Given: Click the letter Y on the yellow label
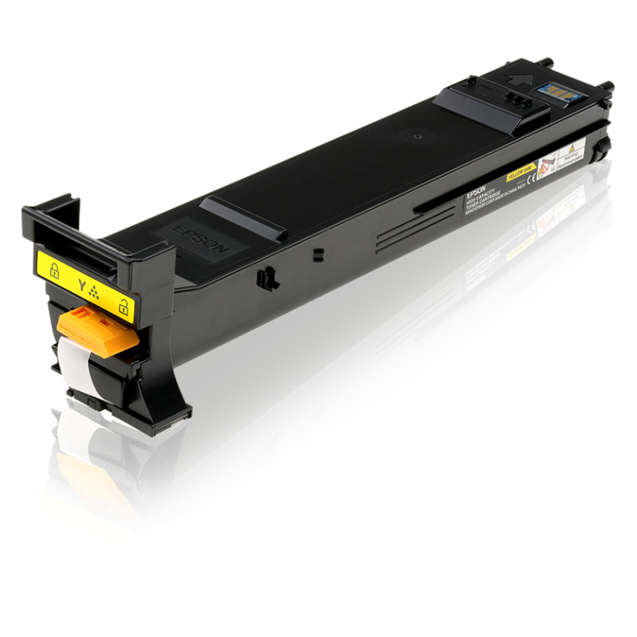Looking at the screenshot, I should pyautogui.click(x=81, y=283).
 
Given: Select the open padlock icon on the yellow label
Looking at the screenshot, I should pyautogui.click(x=123, y=305).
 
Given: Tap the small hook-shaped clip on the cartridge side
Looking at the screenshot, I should pyautogui.click(x=266, y=278).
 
